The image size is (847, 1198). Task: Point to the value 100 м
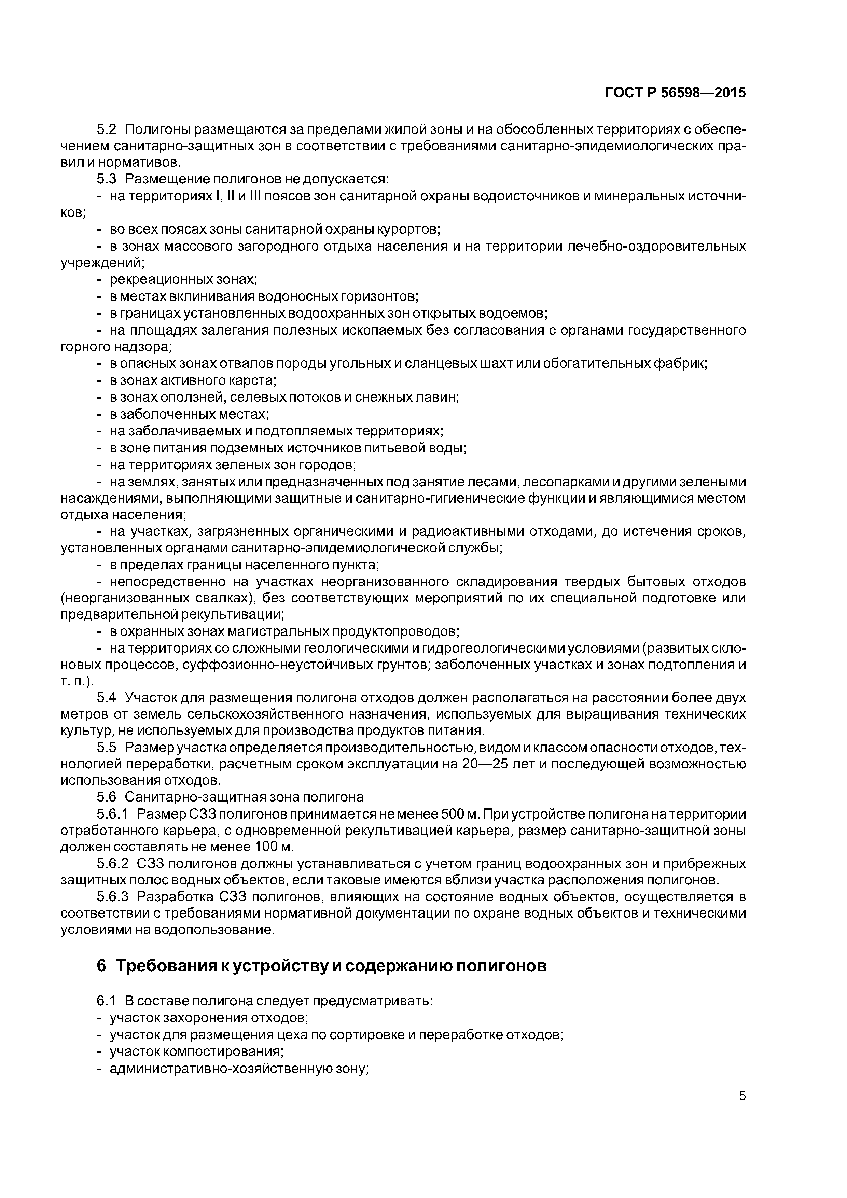coord(274,847)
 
